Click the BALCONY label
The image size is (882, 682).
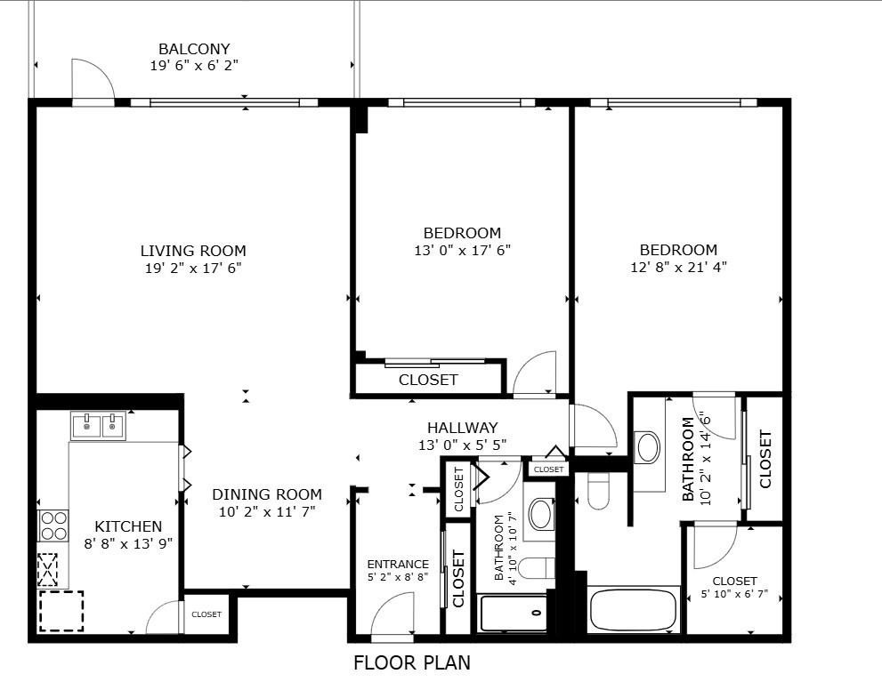tap(194, 49)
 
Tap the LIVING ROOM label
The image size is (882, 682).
tap(193, 251)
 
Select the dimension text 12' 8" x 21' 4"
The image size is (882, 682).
tap(678, 267)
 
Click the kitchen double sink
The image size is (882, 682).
tap(99, 426)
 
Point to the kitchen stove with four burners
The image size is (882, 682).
tap(53, 526)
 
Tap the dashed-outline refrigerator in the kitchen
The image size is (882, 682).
tap(61, 611)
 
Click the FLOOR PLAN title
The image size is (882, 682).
tap(412, 663)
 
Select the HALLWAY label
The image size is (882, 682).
tap(463, 428)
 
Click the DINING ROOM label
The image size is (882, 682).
tap(267, 494)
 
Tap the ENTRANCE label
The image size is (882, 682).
tap(398, 564)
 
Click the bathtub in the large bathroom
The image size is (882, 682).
tap(632, 610)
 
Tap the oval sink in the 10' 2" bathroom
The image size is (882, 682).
tap(647, 447)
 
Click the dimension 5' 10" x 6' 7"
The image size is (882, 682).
tap(734, 594)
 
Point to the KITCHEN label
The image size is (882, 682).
tap(128, 526)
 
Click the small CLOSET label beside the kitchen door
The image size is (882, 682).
tap(206, 614)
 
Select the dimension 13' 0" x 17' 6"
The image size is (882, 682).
tap(463, 250)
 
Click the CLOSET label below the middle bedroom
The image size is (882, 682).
tap(428, 380)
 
